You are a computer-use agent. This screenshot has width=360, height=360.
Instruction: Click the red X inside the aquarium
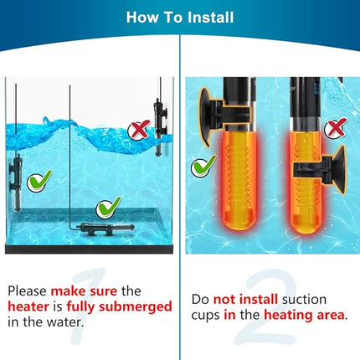click(x=137, y=130)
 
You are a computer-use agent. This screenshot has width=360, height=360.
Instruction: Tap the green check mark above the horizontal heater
click(x=108, y=207)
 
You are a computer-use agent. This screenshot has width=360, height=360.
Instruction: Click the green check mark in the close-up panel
click(x=202, y=166)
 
